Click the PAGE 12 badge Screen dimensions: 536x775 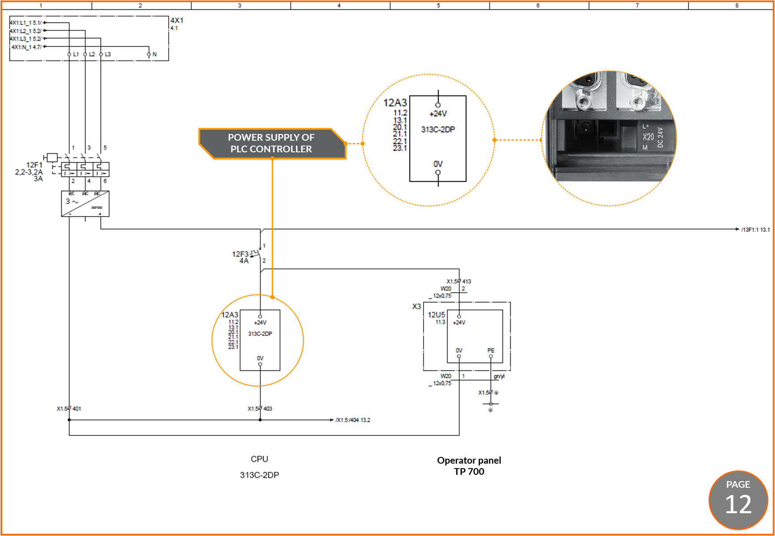[x=738, y=500]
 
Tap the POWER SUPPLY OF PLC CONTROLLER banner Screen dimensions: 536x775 [x=271, y=143]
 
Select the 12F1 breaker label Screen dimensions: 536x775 [x=34, y=165]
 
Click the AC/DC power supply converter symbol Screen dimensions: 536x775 [x=85, y=204]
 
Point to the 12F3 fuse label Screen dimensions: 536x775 [x=240, y=254]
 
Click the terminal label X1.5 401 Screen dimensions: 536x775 [x=69, y=409]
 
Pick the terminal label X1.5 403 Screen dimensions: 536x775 [x=260, y=409]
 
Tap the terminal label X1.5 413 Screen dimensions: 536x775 [x=459, y=281]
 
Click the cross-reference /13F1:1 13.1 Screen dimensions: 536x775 [x=755, y=230]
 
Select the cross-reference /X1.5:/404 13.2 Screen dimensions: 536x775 [x=353, y=420]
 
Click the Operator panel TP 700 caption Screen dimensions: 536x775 [x=469, y=466]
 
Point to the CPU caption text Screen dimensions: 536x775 [x=259, y=459]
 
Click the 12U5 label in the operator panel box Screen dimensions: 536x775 [x=436, y=315]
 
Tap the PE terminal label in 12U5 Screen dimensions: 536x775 [x=491, y=351]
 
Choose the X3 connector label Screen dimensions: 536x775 [x=416, y=307]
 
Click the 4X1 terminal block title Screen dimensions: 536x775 [x=177, y=21]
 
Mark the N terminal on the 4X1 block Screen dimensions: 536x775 [x=154, y=54]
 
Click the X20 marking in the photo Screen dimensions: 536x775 [x=648, y=137]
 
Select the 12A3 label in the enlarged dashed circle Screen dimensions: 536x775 [x=395, y=103]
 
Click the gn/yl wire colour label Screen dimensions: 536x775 [x=499, y=377]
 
